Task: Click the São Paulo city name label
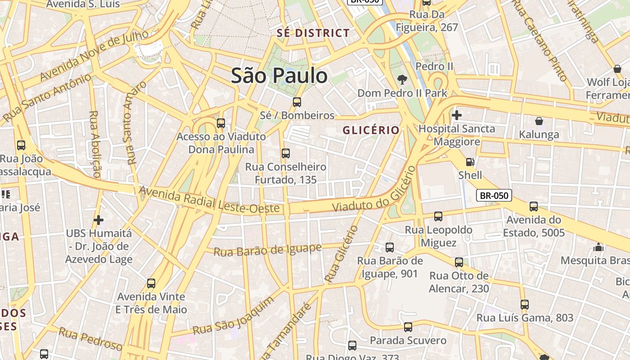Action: (x=279, y=76)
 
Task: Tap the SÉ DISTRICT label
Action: (x=313, y=33)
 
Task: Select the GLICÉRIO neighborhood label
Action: (x=371, y=130)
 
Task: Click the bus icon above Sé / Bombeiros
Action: (x=297, y=102)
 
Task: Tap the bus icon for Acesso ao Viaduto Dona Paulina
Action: (x=220, y=123)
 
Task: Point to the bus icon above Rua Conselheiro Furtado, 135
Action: (x=285, y=153)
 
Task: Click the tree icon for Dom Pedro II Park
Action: (x=402, y=80)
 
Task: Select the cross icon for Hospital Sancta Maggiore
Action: (x=456, y=115)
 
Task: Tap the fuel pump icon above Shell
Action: (x=470, y=162)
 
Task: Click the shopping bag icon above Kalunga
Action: (x=539, y=121)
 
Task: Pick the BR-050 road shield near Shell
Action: (x=494, y=195)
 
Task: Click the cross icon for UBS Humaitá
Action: (x=98, y=220)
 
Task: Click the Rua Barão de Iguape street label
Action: (x=267, y=250)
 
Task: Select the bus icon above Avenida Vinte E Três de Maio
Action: (x=151, y=283)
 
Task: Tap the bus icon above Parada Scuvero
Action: (x=408, y=327)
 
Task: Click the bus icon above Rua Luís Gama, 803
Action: (x=524, y=305)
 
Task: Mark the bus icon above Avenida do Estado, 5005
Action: (x=533, y=207)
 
